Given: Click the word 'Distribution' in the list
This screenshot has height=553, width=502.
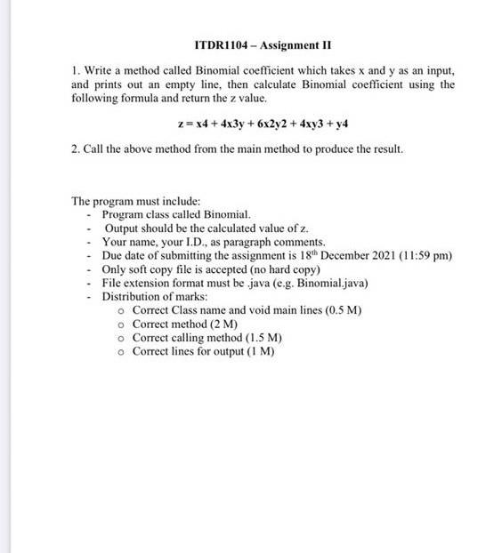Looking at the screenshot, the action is tap(132, 296).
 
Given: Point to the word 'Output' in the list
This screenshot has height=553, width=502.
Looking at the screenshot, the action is tap(123, 228).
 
